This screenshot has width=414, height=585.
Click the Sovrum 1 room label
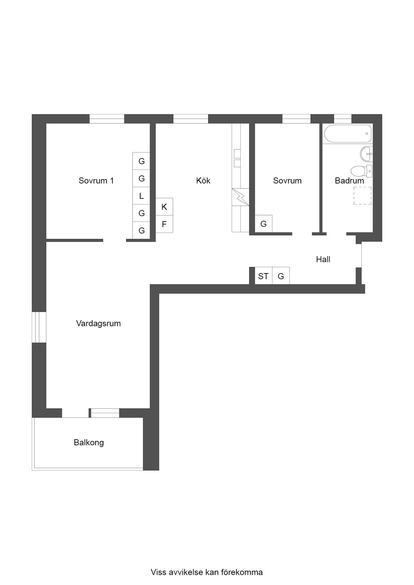click(x=96, y=181)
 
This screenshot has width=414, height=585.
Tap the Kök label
click(x=203, y=181)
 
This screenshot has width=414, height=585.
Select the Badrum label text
click(x=349, y=181)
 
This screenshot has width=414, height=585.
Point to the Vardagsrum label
click(x=98, y=324)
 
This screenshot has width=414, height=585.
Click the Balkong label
click(x=89, y=443)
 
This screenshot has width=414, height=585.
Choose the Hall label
click(x=323, y=259)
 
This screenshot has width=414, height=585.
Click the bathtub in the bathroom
click(x=348, y=134)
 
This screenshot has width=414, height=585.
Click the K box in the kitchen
click(x=164, y=207)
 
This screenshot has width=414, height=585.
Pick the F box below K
click(x=164, y=224)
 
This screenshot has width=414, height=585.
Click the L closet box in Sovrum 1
click(x=141, y=196)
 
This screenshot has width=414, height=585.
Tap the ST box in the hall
click(x=263, y=276)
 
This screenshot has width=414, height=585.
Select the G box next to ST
click(x=281, y=276)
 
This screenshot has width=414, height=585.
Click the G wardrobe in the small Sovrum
click(x=263, y=224)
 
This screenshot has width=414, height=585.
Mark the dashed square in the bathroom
click(x=362, y=196)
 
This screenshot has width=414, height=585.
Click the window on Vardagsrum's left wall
click(x=39, y=327)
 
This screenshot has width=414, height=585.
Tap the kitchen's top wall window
click(x=191, y=119)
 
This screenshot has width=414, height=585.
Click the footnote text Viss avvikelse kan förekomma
click(x=207, y=572)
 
